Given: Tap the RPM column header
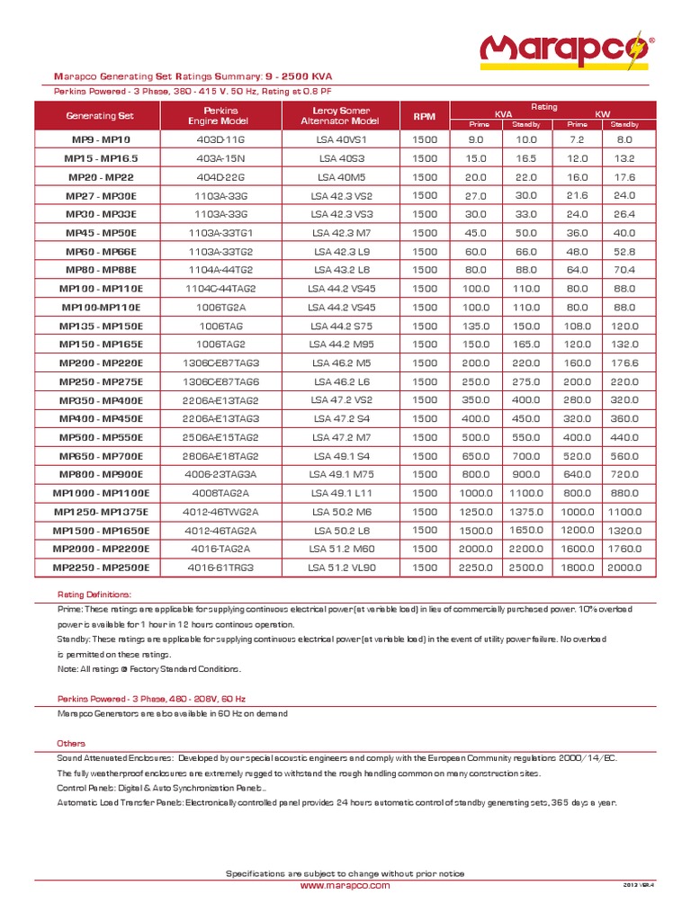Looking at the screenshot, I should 423,116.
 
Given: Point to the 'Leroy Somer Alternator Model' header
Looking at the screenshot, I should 339,115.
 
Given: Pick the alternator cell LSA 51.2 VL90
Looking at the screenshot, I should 339,568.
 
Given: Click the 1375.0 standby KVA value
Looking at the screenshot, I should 525,511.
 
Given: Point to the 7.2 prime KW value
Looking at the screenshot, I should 574,140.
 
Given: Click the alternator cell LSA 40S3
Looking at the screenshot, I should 339,158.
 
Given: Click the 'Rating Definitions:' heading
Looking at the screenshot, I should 94,595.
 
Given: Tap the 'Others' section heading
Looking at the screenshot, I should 71,744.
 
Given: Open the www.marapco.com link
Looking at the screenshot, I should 345,885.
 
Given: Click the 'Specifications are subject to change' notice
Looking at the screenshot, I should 345,873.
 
